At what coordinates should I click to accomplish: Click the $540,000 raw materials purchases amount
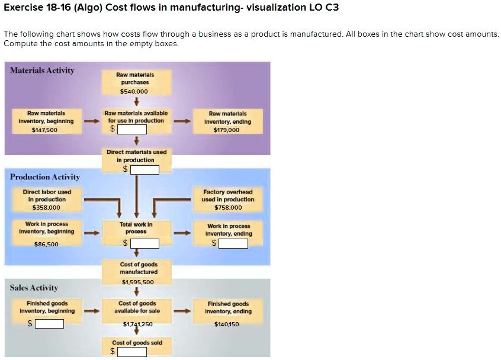tap(134, 91)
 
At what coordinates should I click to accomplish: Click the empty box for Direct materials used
tap(144, 170)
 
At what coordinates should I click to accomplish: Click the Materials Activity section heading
tap(43, 70)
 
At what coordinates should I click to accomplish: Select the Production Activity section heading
tap(45, 177)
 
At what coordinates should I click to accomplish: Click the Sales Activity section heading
tap(34, 288)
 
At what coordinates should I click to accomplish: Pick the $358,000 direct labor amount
tap(46, 207)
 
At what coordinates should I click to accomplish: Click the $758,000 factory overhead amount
tap(228, 207)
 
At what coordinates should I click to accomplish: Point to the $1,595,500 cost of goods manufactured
tap(137, 282)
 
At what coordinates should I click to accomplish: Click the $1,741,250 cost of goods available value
tap(137, 324)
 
